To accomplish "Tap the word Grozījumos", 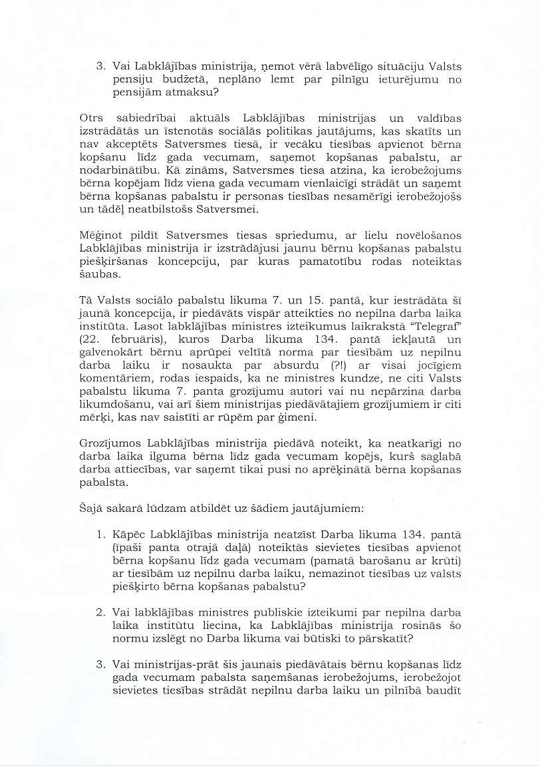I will click(x=108, y=443).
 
